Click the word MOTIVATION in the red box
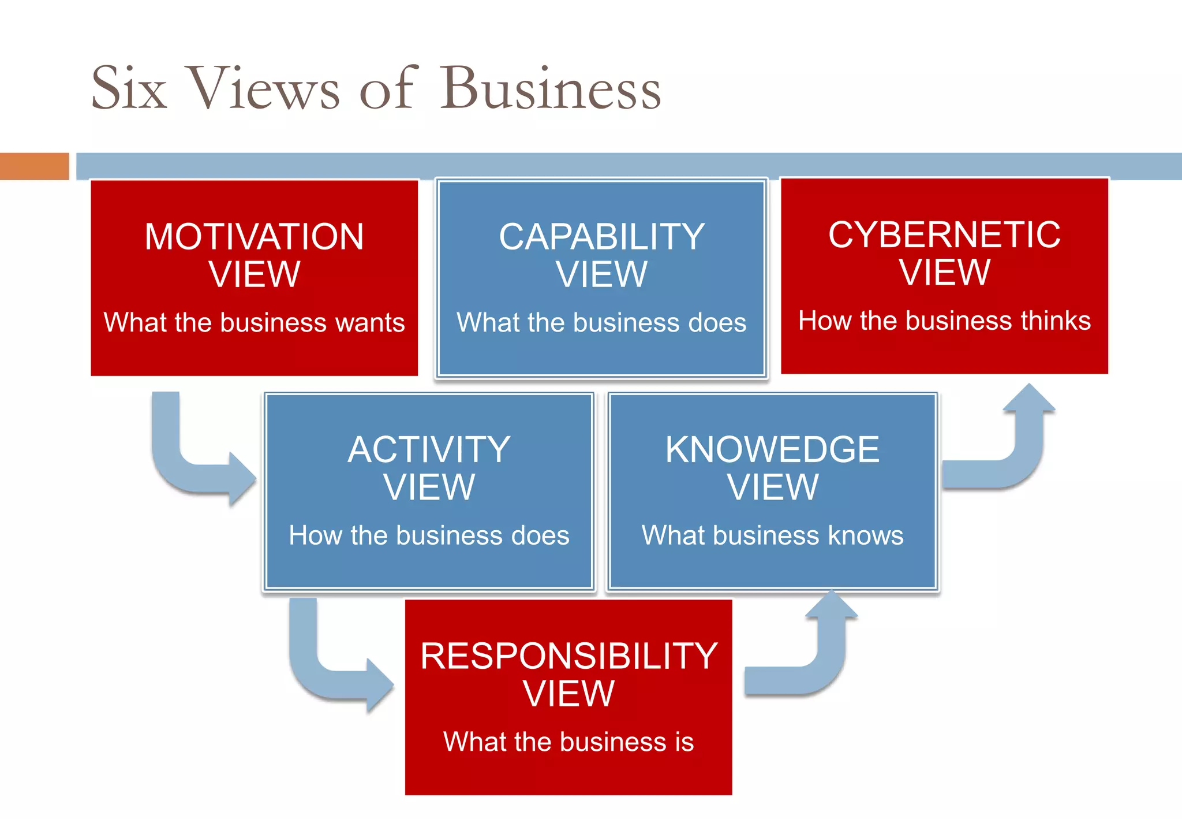click(254, 237)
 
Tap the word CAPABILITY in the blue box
click(601, 237)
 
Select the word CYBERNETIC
click(944, 234)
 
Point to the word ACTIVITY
click(429, 449)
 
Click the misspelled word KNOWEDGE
click(772, 449)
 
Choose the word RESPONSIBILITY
click(568, 656)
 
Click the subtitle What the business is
click(568, 742)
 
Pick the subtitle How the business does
click(429, 535)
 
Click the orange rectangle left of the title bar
click(34, 166)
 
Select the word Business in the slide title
click(551, 88)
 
